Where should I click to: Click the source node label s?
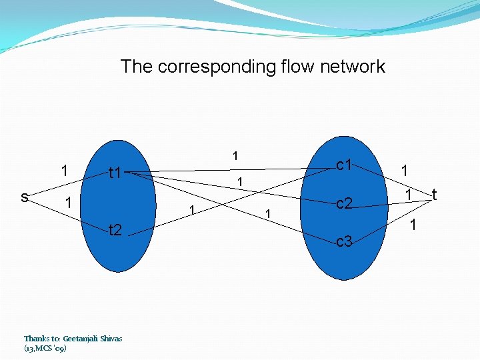point(24,197)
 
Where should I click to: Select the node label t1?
point(115,174)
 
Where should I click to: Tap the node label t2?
point(115,231)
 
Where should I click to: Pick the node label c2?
point(344,204)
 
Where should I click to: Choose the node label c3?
point(344,242)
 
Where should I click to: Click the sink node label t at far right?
point(434,195)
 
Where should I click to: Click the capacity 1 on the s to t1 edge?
point(64,170)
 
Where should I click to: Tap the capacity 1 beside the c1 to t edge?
point(404,171)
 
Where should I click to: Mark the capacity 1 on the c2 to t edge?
point(409,195)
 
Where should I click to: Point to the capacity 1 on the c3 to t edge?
point(413,226)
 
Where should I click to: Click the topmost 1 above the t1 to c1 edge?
point(235,156)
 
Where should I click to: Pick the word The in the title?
point(135,67)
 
